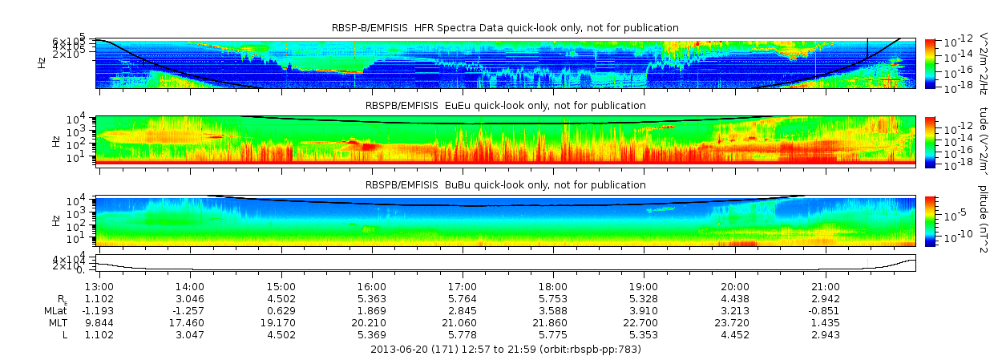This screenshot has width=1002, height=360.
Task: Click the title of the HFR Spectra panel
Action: click(x=506, y=28)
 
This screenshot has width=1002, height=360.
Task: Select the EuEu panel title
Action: click(x=506, y=105)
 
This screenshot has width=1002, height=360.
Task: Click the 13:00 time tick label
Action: click(x=99, y=286)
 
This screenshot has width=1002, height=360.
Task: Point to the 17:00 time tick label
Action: click(x=462, y=286)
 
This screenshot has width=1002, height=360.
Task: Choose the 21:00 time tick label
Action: click(x=826, y=286)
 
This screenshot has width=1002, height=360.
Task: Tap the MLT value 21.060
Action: click(x=462, y=322)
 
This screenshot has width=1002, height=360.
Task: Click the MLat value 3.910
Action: click(x=644, y=310)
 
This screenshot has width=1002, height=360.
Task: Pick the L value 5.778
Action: click(x=462, y=334)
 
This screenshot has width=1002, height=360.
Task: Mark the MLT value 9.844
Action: click(x=99, y=322)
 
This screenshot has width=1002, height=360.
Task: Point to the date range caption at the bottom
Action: click(x=506, y=350)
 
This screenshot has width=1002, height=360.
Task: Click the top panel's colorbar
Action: click(x=930, y=63)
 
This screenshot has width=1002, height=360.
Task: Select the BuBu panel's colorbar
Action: click(x=930, y=220)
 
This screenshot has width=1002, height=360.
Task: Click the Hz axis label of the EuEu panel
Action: click(x=55, y=141)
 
